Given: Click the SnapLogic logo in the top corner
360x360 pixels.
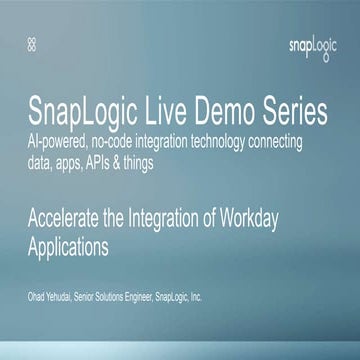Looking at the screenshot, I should tap(311, 46).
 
